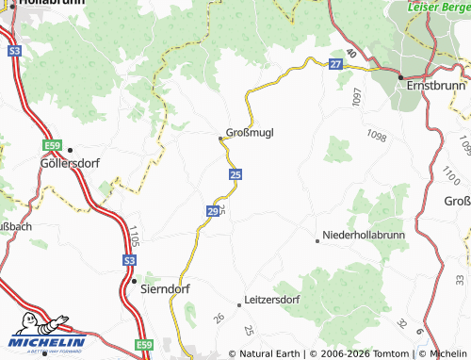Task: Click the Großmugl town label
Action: (x=251, y=133)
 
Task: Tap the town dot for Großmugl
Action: (x=221, y=139)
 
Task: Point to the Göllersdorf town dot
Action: (x=70, y=150)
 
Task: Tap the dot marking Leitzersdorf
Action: (x=239, y=303)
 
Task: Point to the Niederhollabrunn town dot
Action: (x=317, y=241)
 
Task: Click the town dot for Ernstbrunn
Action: (x=401, y=75)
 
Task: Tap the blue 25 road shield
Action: (x=235, y=174)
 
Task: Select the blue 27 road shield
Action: (x=335, y=64)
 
